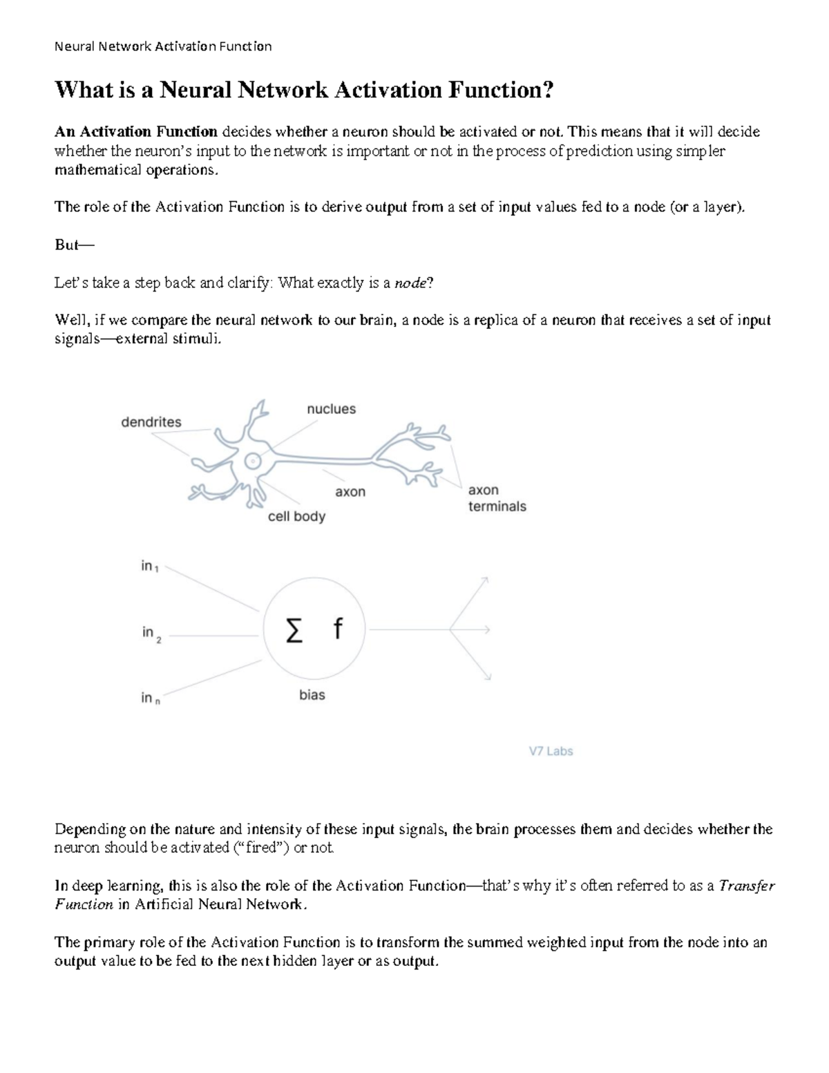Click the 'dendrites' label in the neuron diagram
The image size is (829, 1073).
coord(151,422)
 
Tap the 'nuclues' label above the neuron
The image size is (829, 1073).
coord(331,409)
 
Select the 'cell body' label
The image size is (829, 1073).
coord(296,516)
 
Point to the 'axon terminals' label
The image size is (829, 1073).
coord(497,498)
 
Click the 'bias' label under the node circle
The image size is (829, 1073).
coord(312,695)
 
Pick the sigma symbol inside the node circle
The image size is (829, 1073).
coord(294,630)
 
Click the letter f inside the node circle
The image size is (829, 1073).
coord(337,629)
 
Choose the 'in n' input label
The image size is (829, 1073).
coord(150,699)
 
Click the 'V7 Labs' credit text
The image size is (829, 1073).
coord(551,751)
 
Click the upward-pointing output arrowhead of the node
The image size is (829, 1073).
coord(485,580)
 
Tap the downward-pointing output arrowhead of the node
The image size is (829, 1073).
coord(487,676)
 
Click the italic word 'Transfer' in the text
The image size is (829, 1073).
coord(747,886)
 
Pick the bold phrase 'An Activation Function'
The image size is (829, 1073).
coord(136,131)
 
